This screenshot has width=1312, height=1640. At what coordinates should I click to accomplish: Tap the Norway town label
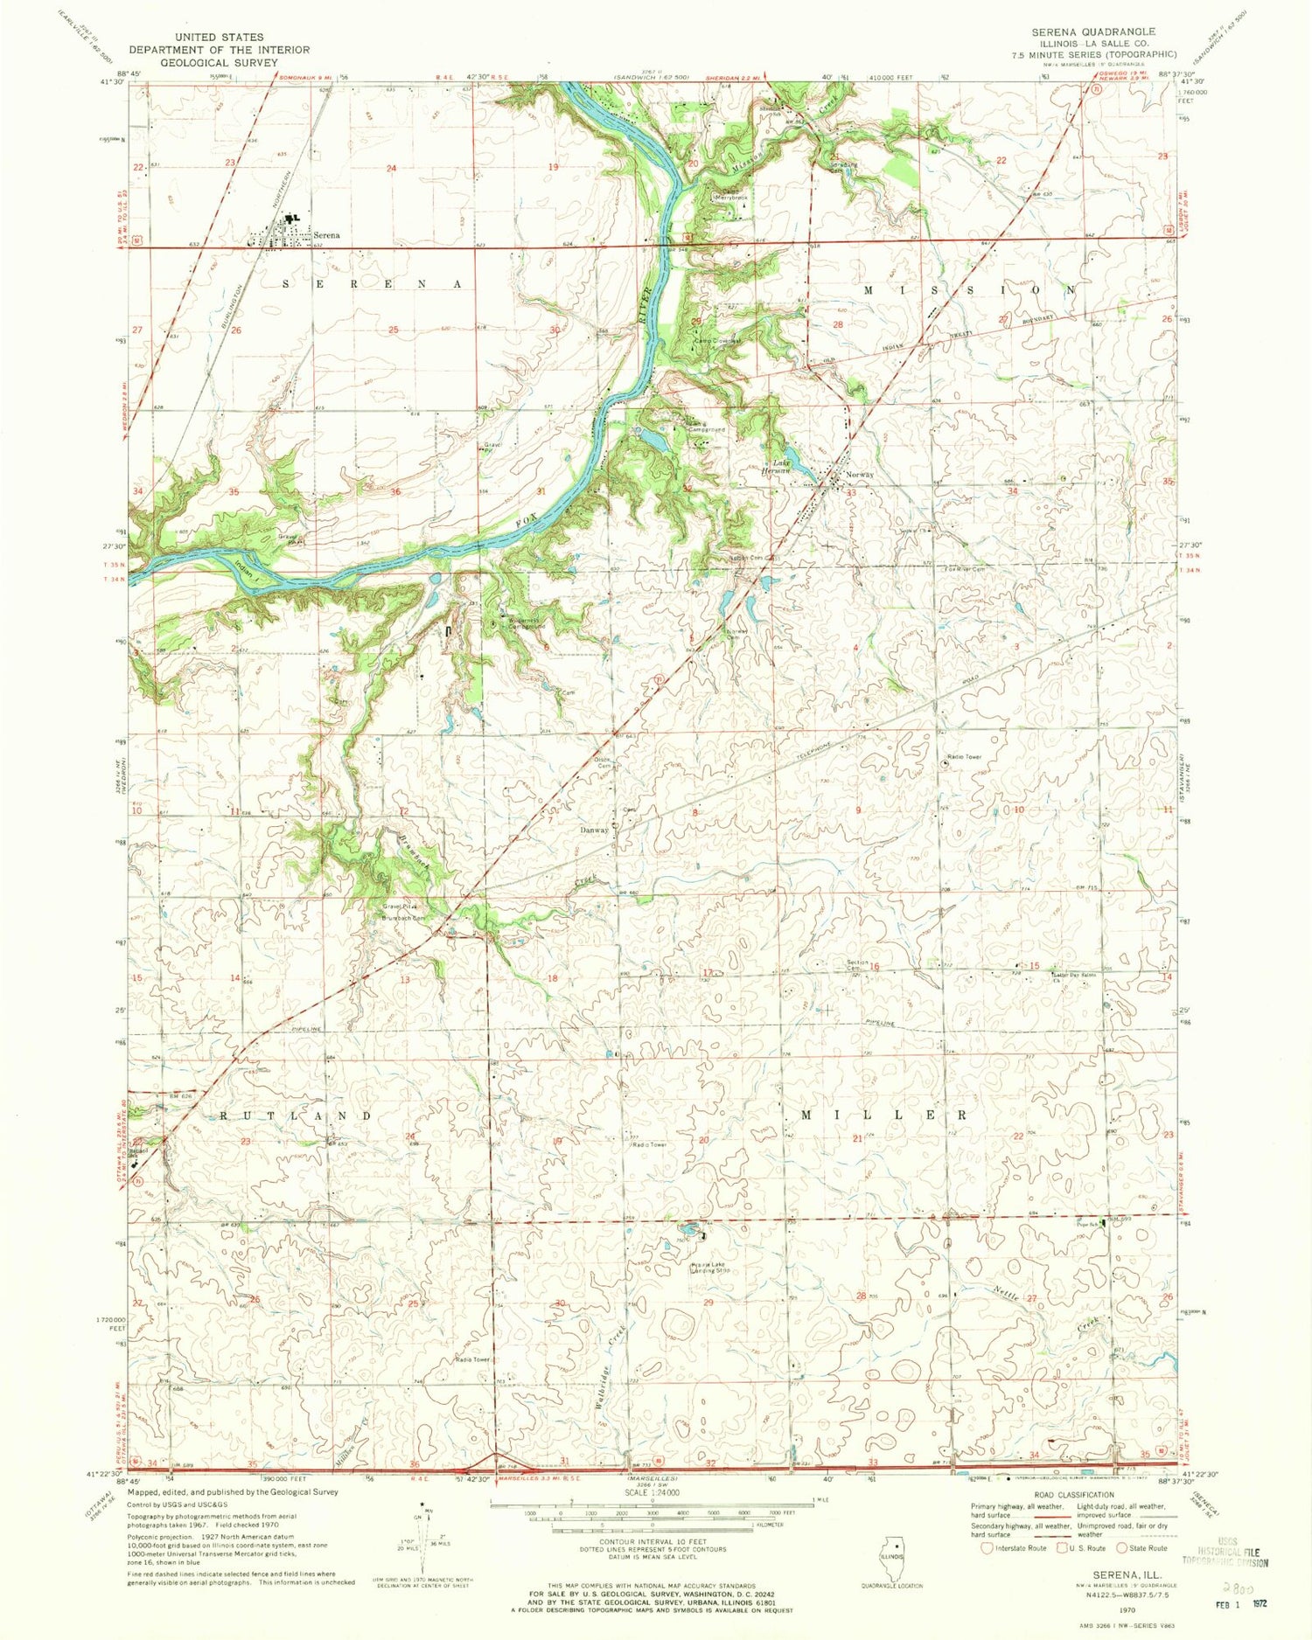tap(858, 475)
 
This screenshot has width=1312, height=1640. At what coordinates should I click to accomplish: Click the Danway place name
tap(594, 830)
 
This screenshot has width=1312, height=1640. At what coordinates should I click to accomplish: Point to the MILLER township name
tap(884, 1115)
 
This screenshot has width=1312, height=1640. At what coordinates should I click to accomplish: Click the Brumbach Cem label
tap(404, 918)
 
